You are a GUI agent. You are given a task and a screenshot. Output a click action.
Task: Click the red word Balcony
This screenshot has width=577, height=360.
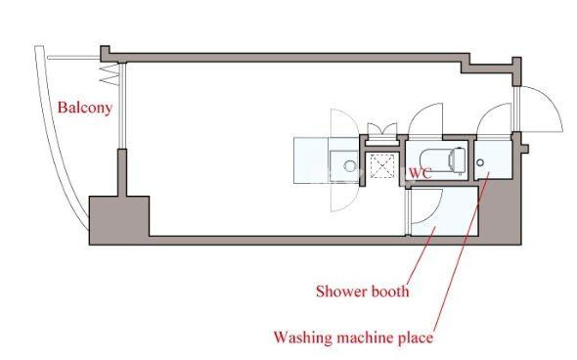tap(85, 108)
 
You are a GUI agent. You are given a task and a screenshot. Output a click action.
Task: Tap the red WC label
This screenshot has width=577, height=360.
tap(420, 173)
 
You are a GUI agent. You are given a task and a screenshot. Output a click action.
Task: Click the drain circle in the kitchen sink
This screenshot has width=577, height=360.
tap(349, 166)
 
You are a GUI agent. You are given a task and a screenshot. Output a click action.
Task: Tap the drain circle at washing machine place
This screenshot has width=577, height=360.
tap(480, 162)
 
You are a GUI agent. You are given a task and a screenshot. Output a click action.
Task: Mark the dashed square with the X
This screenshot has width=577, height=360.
tap(382, 166)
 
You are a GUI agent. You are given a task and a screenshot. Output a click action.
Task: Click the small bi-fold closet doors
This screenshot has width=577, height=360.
tap(382, 129)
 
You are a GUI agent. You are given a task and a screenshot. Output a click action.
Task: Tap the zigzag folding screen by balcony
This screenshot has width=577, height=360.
tap(111, 74)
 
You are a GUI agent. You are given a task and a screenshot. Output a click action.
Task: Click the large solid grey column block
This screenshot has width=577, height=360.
tap(119, 220)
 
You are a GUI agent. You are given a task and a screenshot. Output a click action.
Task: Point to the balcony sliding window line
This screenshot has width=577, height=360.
tap(123, 106)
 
